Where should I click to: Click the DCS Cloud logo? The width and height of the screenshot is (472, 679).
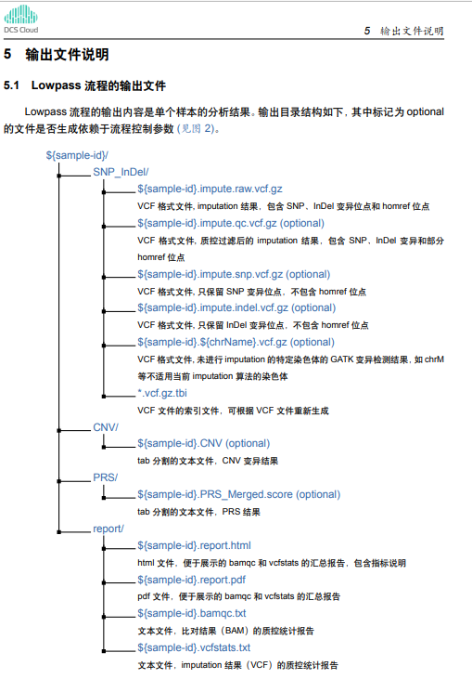(20, 20)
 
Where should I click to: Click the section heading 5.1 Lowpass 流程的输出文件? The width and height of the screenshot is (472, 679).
(84, 85)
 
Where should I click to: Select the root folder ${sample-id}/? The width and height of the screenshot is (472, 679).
(77, 155)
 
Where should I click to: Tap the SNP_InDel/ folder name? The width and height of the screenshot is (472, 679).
(121, 172)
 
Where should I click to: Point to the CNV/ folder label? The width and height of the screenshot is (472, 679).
(106, 427)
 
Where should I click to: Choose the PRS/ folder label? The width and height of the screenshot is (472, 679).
(105, 477)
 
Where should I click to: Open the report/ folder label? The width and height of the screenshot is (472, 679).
(108, 529)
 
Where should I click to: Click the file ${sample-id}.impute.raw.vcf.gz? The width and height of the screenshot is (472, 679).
(210, 189)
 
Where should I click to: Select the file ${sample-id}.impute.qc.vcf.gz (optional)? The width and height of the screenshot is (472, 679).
(231, 223)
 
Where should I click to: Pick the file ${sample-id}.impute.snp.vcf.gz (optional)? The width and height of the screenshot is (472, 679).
(234, 274)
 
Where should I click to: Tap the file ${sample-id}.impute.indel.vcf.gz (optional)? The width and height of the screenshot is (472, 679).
(236, 307)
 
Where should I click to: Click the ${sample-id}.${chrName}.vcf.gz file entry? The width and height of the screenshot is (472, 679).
(236, 342)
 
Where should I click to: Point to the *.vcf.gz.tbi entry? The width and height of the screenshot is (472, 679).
(162, 393)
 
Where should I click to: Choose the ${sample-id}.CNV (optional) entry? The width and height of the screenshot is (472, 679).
(204, 443)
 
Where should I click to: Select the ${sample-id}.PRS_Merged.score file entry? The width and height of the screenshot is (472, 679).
(239, 494)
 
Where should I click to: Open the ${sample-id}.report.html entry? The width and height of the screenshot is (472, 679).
(194, 545)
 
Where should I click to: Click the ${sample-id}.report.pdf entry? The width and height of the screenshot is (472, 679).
(191, 580)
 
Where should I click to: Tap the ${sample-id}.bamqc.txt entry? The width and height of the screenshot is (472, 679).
(191, 613)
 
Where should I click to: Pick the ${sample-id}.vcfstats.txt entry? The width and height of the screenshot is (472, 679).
(194, 647)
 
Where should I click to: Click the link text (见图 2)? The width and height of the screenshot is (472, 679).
(197, 128)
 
